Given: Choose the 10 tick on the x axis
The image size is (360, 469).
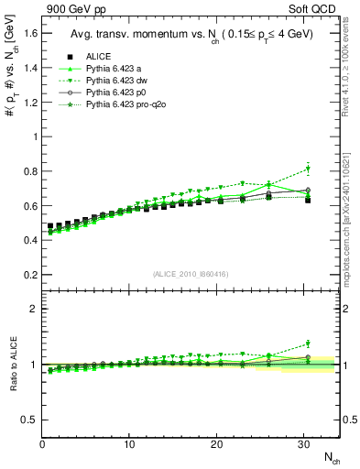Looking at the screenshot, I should click(130, 444).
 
